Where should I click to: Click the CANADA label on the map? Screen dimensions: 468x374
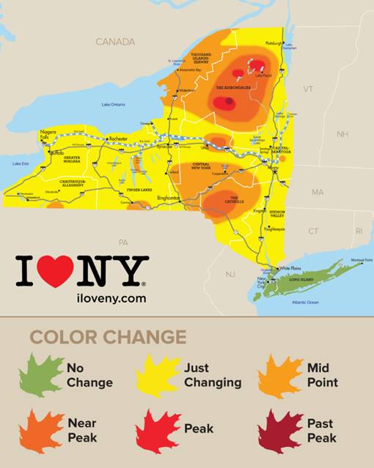(x=115, y=42)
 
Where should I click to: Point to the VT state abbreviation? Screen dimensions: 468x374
(x=308, y=89)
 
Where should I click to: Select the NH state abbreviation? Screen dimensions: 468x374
(x=342, y=134)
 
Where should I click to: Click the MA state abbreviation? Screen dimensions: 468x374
(x=317, y=192)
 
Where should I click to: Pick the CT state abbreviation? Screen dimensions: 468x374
(x=313, y=231)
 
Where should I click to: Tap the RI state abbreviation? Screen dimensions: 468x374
(x=359, y=231)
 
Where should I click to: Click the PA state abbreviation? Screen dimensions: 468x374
(x=123, y=242)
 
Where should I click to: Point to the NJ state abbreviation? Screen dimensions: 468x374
(x=230, y=274)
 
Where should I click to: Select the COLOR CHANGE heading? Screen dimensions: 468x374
(x=108, y=337)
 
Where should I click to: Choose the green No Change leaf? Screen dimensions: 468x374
(x=43, y=375)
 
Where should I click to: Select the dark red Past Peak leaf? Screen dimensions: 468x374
(x=280, y=431)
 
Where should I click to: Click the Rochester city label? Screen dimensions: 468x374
(x=119, y=138)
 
